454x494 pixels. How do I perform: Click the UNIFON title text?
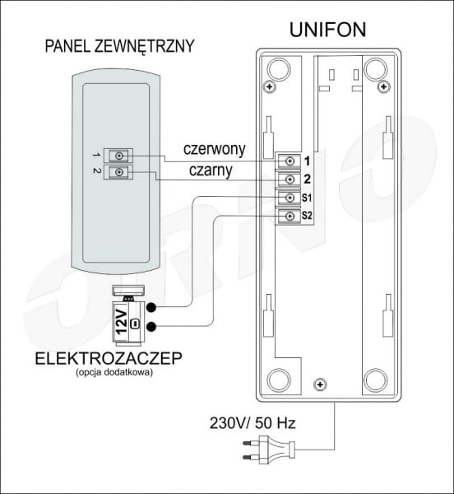[x=327, y=30]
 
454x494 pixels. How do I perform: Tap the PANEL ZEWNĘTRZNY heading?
[x=119, y=46]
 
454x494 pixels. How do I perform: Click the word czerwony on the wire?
[x=215, y=149]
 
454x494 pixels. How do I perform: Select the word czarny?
[x=211, y=170]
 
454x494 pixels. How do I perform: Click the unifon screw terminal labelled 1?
[x=290, y=161]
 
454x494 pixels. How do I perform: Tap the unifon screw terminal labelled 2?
[x=290, y=179]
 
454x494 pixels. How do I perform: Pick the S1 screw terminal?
[x=290, y=198]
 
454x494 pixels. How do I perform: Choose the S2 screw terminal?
[x=290, y=216]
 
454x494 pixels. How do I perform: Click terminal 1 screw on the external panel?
[x=119, y=156]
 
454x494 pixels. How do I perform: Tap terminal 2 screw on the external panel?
[x=119, y=172]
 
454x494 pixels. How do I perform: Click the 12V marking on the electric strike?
[x=121, y=322]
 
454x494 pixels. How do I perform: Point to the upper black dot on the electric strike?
[x=151, y=307]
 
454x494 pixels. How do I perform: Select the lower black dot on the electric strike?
[x=151, y=327]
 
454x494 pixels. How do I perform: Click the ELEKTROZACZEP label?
[x=109, y=358]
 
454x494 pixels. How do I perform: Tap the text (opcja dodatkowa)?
[x=114, y=372]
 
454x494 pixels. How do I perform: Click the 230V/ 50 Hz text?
[x=252, y=423]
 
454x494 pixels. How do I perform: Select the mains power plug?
[x=269, y=450]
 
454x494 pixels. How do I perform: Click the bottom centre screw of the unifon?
[x=320, y=384]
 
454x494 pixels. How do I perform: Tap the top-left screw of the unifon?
[x=269, y=86]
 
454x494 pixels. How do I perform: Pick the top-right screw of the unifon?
[x=383, y=86]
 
